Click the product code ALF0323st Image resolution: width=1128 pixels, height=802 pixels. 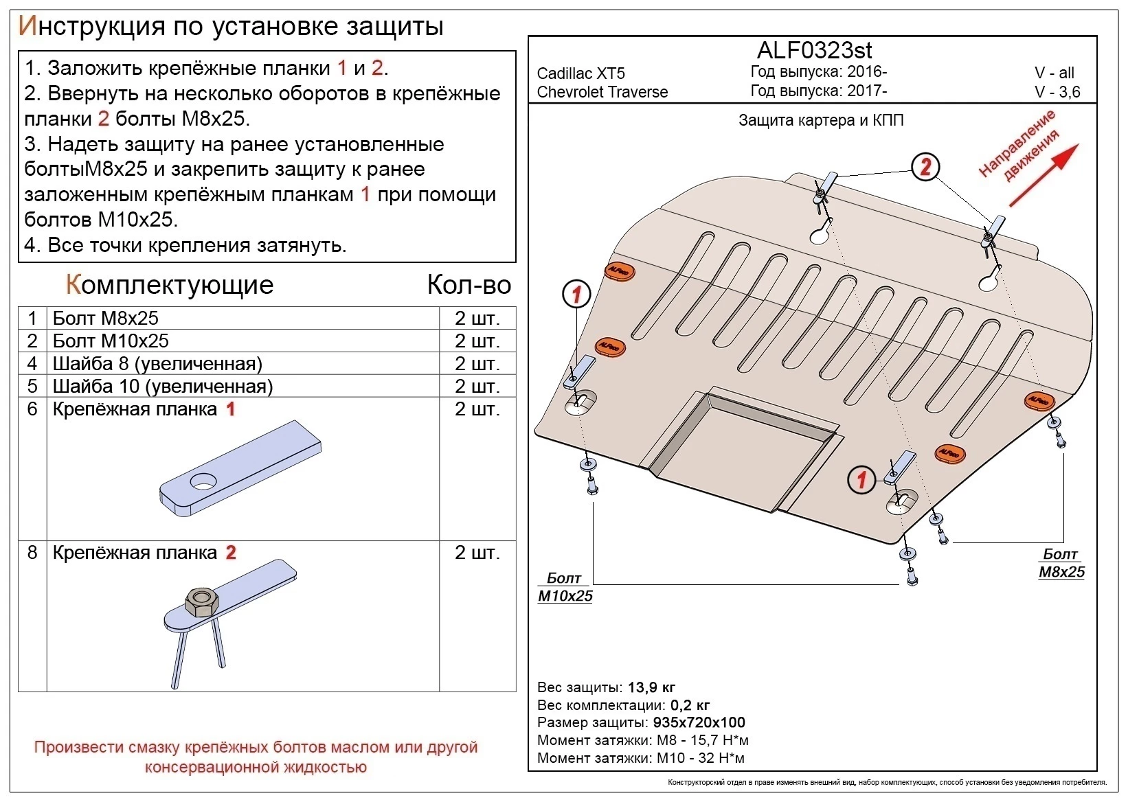(814, 50)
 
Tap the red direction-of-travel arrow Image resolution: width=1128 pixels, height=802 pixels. (1044, 175)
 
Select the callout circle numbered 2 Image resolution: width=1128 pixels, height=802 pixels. (925, 167)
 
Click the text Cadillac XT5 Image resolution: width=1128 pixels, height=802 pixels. (580, 73)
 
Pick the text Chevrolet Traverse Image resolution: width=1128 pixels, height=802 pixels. (602, 92)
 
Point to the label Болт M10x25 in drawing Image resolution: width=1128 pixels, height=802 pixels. (565, 587)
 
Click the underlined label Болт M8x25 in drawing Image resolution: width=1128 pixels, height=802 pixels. (1061, 563)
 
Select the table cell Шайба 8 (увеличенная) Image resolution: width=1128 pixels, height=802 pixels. (157, 363)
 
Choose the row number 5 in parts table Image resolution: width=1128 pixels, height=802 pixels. (32, 386)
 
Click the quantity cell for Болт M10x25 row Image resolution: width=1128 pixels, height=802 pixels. (477, 341)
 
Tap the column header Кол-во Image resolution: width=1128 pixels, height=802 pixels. (469, 284)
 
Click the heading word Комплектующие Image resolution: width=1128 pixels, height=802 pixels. (169, 284)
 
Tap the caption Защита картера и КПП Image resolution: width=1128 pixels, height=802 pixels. (820, 121)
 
